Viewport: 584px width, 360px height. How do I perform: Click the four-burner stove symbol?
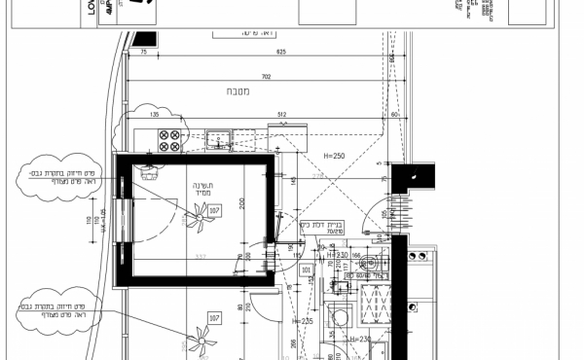(169, 140)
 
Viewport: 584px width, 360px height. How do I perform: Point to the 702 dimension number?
(265, 76)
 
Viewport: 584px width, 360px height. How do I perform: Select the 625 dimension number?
(280, 51)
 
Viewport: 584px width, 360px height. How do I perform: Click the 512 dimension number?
(282, 114)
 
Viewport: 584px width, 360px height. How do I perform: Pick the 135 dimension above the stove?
(153, 114)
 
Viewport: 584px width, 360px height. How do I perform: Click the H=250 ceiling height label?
(335, 156)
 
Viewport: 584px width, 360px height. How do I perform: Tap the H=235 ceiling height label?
(305, 320)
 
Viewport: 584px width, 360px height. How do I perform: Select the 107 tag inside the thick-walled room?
(214, 209)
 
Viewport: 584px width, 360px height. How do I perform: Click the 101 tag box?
(306, 270)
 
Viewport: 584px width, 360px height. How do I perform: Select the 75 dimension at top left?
(144, 51)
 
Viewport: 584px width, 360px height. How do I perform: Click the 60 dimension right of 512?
(395, 114)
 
